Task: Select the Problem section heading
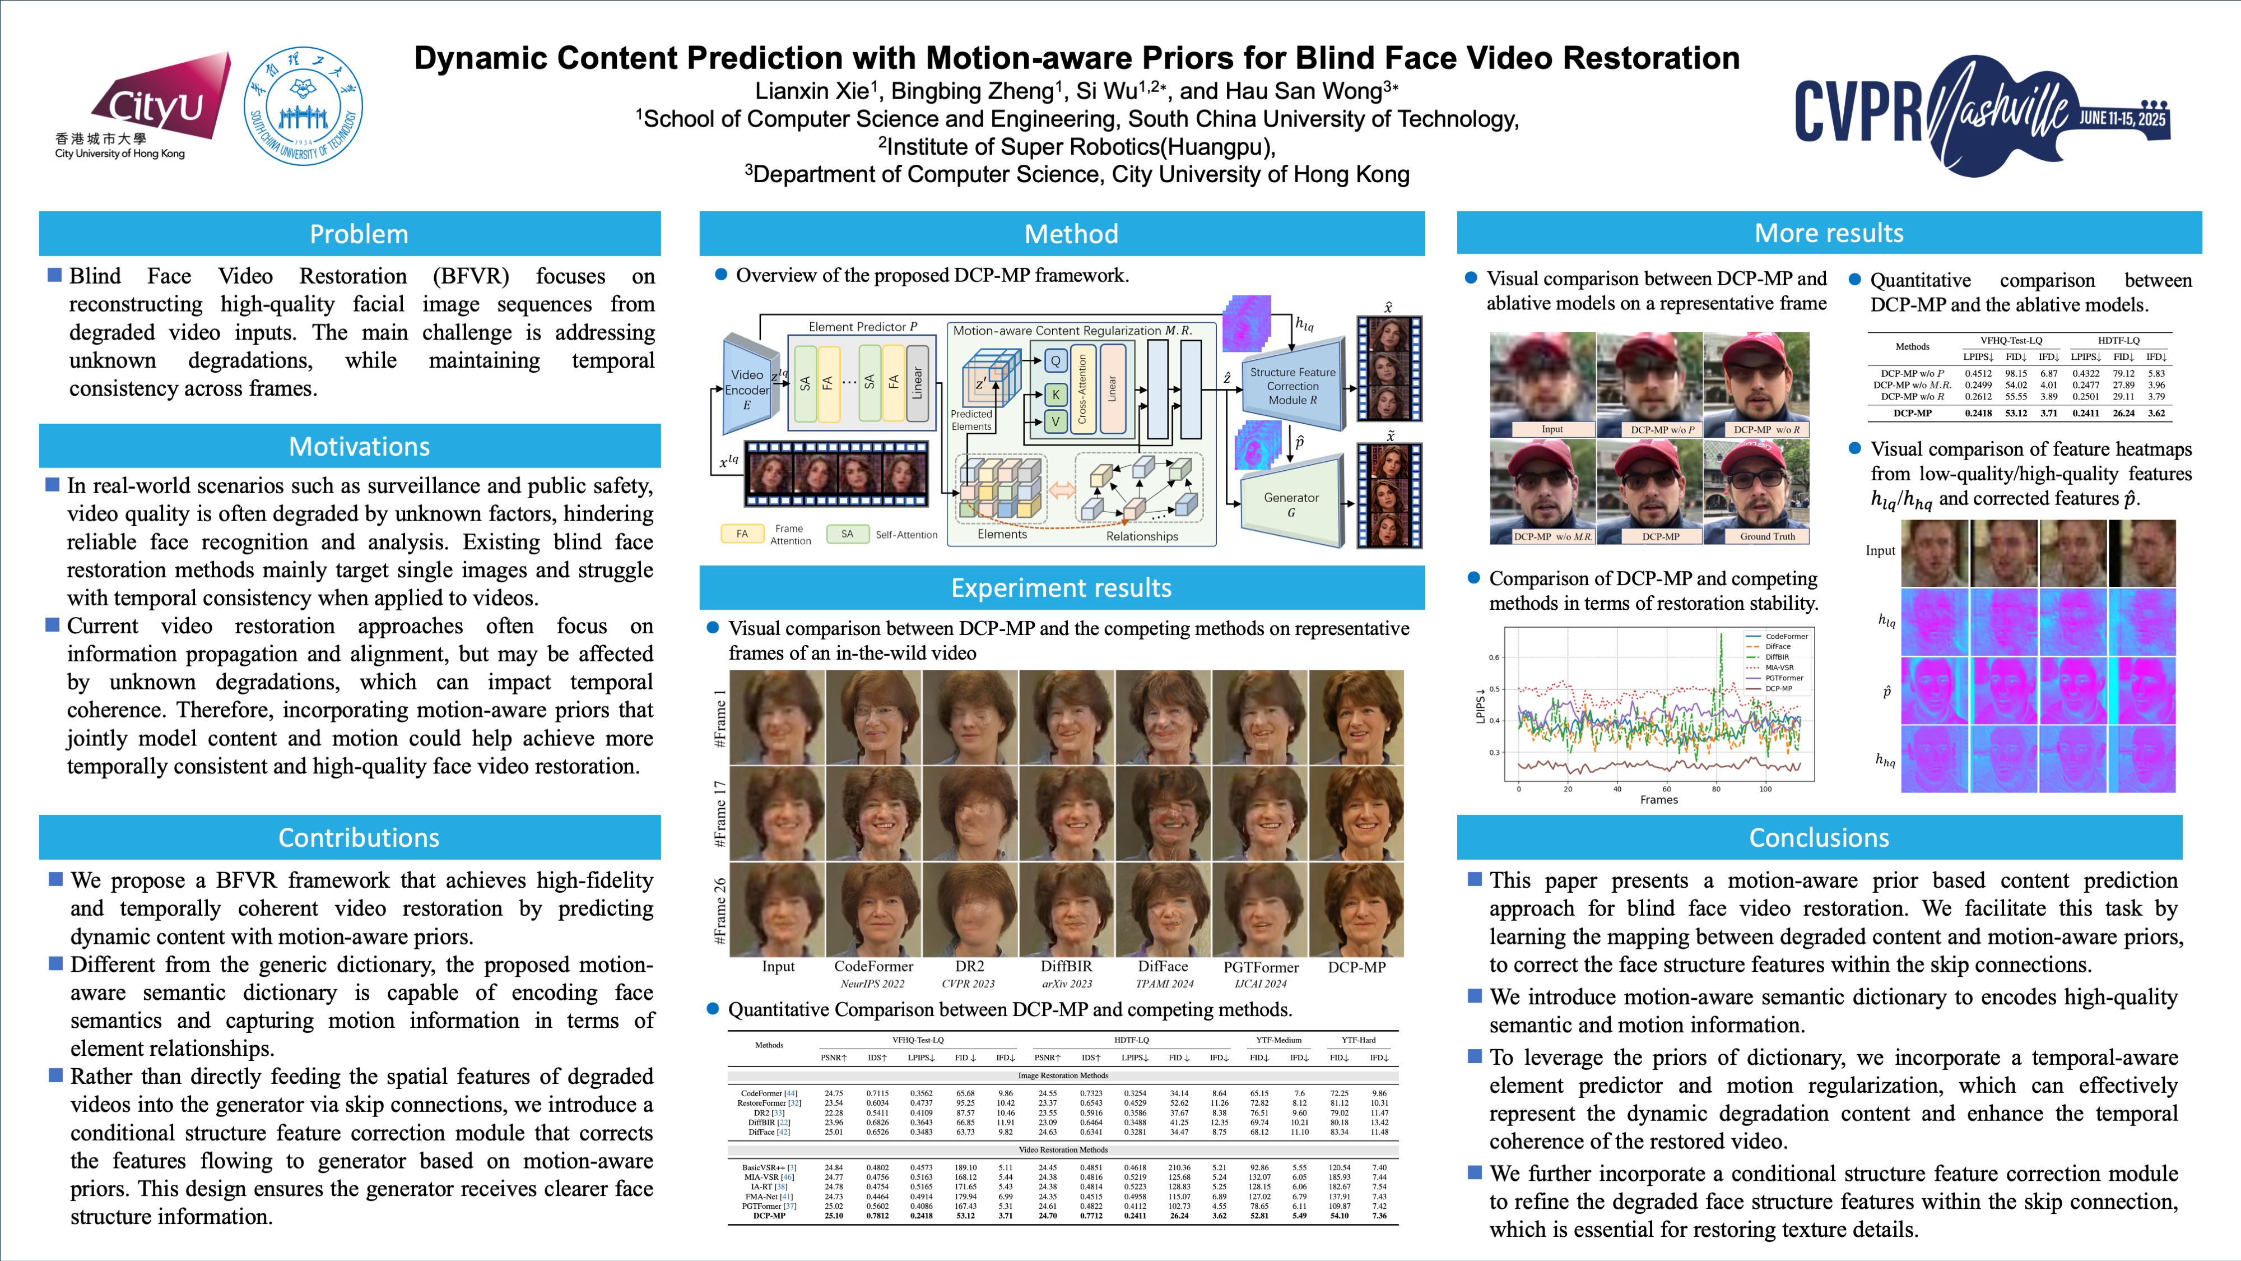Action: pyautogui.click(x=359, y=234)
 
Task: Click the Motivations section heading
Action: pyautogui.click(x=359, y=447)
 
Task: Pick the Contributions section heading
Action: pyautogui.click(x=359, y=837)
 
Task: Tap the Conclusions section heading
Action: pyautogui.click(x=1819, y=837)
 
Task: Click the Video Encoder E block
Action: pyautogui.click(x=747, y=388)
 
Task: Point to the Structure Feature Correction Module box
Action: pyautogui.click(x=1292, y=386)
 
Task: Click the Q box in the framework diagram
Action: pyautogui.click(x=1056, y=360)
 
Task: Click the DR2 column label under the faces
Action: pyautogui.click(x=969, y=966)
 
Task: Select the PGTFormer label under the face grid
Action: pyautogui.click(x=1261, y=967)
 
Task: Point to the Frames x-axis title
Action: pyautogui.click(x=1658, y=800)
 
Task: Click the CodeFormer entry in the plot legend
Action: pyautogui.click(x=1786, y=636)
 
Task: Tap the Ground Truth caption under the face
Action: pyautogui.click(x=1767, y=536)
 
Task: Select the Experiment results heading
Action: pyautogui.click(x=1061, y=587)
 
